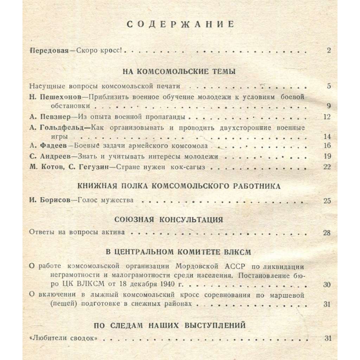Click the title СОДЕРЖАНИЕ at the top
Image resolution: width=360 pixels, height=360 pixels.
(x=180, y=25)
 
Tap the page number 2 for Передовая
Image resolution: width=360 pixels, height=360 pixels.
(x=329, y=50)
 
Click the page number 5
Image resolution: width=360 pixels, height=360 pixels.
(x=329, y=86)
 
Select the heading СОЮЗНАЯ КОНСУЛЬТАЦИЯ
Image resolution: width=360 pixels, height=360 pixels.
(x=169, y=220)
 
